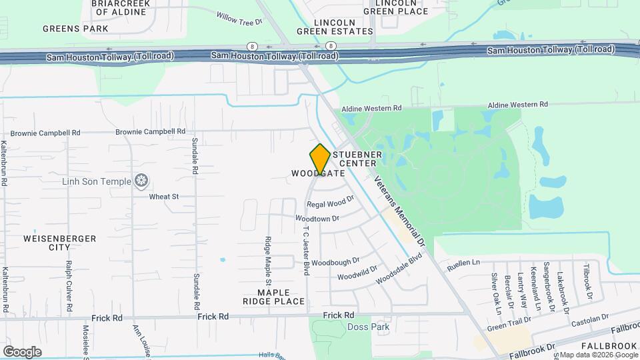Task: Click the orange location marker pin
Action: coord(320,159)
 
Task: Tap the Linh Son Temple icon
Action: coord(141,180)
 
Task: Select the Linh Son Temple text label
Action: coord(97,181)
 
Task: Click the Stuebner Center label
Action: coord(361,159)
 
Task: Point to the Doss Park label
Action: coord(369,327)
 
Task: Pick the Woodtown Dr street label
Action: coord(317,218)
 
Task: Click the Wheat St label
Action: coord(164,197)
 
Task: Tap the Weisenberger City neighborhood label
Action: coord(60,243)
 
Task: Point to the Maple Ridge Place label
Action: coord(274,297)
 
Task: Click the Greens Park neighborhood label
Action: coord(75,29)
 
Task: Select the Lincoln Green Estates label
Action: coord(335,26)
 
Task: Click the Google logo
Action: coord(22,351)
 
